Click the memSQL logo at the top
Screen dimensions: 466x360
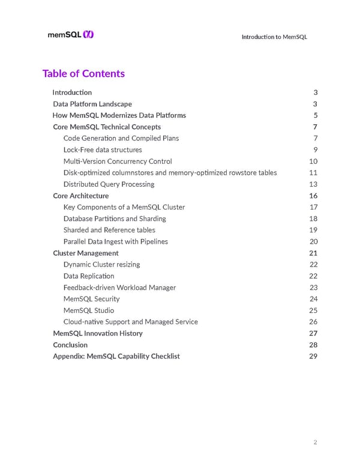[70, 35]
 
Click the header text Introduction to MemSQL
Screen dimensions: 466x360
[274, 37]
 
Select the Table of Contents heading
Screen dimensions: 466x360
[83, 73]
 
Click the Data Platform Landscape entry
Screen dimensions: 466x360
[92, 104]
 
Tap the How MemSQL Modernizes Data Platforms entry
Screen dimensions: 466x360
[119, 115]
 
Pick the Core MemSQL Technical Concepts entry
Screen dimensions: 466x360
[106, 127]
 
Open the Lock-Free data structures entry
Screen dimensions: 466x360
[103, 150]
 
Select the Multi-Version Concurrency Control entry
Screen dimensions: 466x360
[118, 161]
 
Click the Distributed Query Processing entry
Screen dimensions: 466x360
[109, 184]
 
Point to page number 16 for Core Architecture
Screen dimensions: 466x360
[313, 196]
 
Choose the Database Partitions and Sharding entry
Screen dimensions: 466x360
[115, 219]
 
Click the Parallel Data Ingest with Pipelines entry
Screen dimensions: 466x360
[115, 241]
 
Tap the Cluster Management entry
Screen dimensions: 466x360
[85, 253]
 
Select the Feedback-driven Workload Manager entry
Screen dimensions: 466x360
[119, 288]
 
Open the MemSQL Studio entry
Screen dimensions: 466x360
[88, 310]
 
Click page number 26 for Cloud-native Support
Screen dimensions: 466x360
[313, 322]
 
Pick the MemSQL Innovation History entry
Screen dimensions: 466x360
[97, 333]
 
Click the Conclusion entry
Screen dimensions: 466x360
[70, 345]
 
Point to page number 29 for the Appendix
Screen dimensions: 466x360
[313, 356]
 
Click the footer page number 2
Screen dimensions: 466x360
[315, 443]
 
